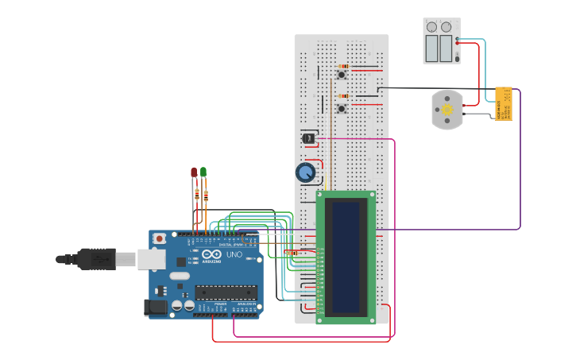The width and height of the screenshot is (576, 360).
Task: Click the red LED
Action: [x=193, y=172]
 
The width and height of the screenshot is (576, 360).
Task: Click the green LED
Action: [x=203, y=172]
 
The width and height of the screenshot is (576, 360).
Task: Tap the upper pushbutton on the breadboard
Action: [x=342, y=75]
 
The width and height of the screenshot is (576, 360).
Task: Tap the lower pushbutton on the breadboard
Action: [x=342, y=108]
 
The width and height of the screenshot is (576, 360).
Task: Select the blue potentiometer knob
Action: [x=305, y=172]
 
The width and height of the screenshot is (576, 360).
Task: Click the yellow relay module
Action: [x=503, y=103]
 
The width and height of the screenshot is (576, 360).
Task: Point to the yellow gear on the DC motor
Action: [x=447, y=110]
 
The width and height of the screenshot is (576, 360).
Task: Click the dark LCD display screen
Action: [x=346, y=257]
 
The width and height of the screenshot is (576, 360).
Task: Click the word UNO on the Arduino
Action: [x=234, y=255]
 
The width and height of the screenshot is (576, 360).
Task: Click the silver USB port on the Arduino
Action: [x=150, y=259]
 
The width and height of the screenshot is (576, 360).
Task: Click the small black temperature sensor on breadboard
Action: [x=308, y=138]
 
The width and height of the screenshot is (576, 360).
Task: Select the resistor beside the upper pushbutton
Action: [x=343, y=67]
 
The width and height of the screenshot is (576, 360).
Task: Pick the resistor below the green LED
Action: [x=206, y=195]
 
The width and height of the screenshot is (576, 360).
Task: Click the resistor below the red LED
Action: [x=197, y=192]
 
